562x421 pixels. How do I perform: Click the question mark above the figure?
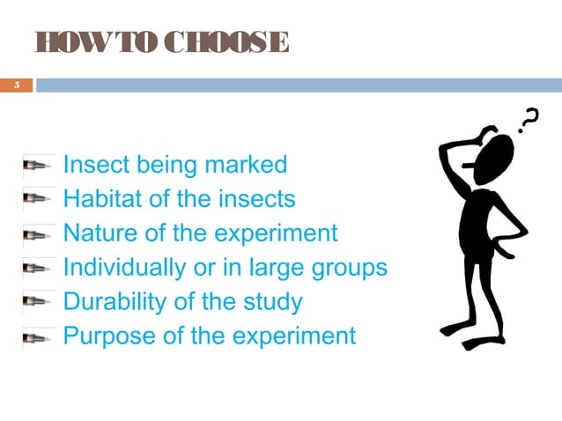[x=529, y=120]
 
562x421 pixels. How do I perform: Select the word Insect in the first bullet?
[x=98, y=165]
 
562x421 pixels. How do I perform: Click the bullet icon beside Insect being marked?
[x=40, y=166]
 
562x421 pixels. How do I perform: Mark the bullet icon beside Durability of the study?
[x=40, y=303]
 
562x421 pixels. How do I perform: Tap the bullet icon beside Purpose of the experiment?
[x=40, y=337]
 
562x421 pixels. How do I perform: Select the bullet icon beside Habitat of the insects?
[x=40, y=200]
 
